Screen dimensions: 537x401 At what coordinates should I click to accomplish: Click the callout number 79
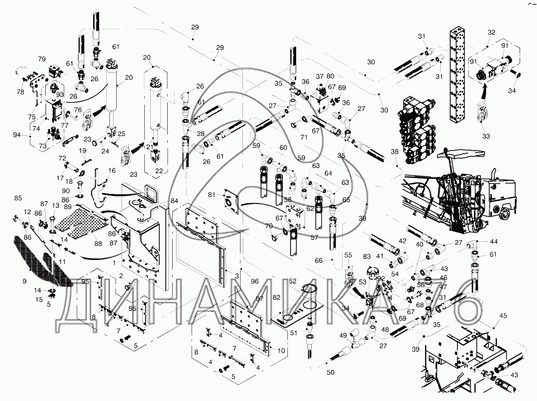(42, 59)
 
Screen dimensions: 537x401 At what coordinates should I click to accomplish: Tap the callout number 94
(17, 134)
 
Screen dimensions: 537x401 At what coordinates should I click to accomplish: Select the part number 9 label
(24, 281)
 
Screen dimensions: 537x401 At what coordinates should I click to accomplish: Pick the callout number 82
(276, 297)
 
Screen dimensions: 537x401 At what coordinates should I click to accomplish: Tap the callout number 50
(331, 372)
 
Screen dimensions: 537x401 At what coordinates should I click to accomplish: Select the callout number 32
(491, 32)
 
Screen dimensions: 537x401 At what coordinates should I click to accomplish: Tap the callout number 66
(319, 260)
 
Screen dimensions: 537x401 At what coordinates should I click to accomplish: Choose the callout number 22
(159, 171)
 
